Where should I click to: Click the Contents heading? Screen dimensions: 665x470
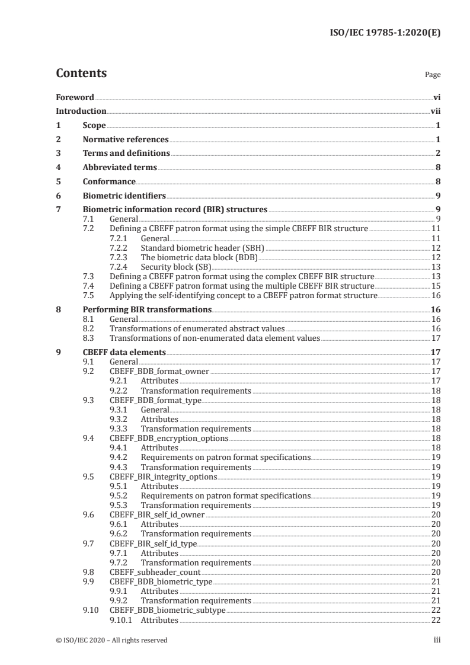pyautogui.click(x=81, y=73)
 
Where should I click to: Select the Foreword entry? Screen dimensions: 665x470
pyautogui.click(x=75, y=97)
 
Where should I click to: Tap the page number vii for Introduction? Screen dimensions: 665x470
pyautogui.click(x=435, y=111)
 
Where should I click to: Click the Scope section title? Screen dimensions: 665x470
pyautogui.click(x=94, y=125)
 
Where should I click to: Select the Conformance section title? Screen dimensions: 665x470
pyautogui.click(x=109, y=181)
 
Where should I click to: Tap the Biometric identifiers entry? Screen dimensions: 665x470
pyautogui.click(x=124, y=196)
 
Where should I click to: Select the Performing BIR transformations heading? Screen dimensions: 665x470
pyautogui.click(x=147, y=309)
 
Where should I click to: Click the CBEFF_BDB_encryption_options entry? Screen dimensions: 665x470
pyautogui.click(x=169, y=438)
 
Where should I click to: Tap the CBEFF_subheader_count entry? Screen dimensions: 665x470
pyautogui.click(x=155, y=572)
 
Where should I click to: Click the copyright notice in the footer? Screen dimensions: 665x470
pyautogui.click(x=111, y=640)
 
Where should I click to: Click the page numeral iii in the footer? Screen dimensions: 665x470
pyautogui.click(x=437, y=640)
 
